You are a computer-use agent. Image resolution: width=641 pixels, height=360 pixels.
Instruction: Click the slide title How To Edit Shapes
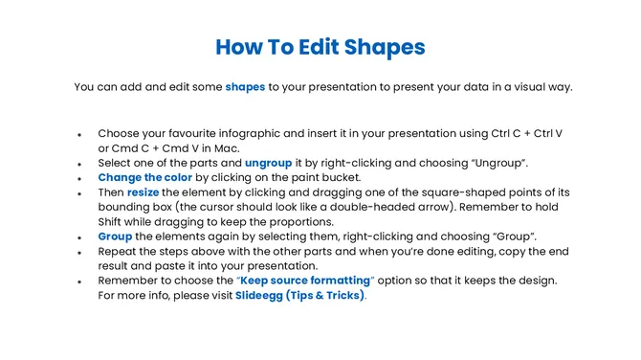tap(320, 46)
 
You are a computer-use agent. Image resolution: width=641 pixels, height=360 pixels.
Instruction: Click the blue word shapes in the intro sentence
tap(245, 87)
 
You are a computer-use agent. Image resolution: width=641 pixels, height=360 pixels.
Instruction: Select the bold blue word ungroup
tap(268, 163)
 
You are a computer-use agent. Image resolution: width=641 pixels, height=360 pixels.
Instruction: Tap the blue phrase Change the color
tap(144, 177)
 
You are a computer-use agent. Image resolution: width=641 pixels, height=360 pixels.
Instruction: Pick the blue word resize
tap(144, 192)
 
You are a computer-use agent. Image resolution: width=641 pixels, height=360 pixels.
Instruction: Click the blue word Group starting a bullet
tap(115, 236)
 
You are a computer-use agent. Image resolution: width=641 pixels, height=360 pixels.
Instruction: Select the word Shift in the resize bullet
tap(114, 221)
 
